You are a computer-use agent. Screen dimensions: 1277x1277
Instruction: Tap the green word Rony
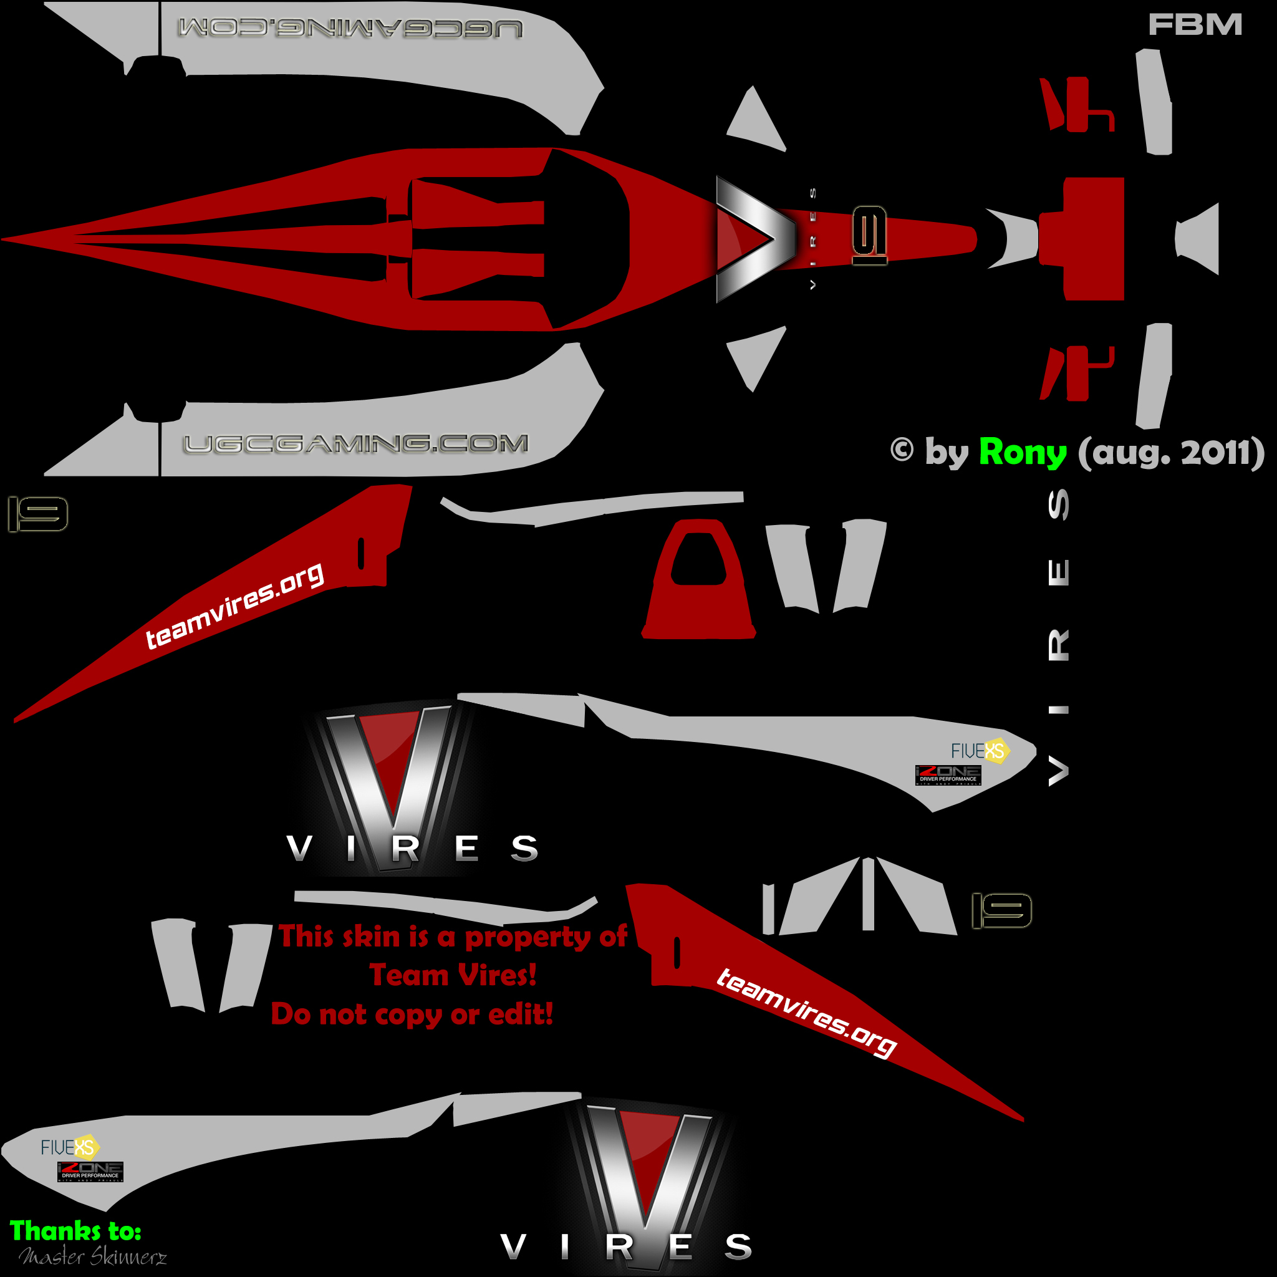[x=1022, y=453]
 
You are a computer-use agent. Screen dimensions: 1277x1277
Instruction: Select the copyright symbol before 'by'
[x=902, y=450]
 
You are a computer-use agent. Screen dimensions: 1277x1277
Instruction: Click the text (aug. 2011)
[x=1170, y=453]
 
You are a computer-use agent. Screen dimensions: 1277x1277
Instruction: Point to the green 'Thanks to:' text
[x=75, y=1231]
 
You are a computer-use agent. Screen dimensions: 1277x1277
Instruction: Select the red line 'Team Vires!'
[x=453, y=975]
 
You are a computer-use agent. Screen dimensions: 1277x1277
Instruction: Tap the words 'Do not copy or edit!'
[x=412, y=1014]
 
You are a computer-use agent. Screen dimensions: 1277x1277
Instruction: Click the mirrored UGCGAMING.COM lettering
[x=350, y=29]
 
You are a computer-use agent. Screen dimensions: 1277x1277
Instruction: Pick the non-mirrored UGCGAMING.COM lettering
[x=355, y=443]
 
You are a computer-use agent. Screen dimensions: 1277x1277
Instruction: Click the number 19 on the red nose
[x=869, y=235]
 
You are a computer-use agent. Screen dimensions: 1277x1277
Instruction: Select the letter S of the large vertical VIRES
[x=1058, y=505]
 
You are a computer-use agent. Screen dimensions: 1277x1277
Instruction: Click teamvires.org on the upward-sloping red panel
[x=234, y=605]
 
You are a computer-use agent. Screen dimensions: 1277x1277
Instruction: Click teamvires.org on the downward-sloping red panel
[x=806, y=1013]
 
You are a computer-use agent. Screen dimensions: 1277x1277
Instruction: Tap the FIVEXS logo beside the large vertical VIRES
[x=980, y=751]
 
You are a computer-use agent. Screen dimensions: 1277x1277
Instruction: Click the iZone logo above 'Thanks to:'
[x=90, y=1170]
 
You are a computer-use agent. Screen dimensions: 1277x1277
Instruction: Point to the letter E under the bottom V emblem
[x=681, y=1246]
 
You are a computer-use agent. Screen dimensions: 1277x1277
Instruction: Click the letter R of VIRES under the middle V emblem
[x=405, y=849]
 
